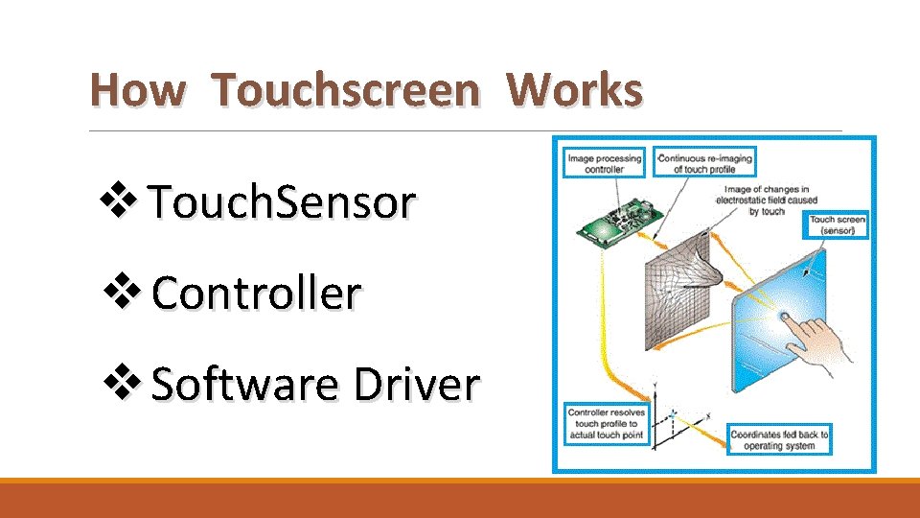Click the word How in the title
136,91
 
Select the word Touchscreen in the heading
346,91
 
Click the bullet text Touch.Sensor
284,202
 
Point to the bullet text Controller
256,294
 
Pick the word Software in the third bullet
245,385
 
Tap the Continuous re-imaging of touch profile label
704,161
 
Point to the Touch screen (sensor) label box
838,225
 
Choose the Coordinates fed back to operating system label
778,438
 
